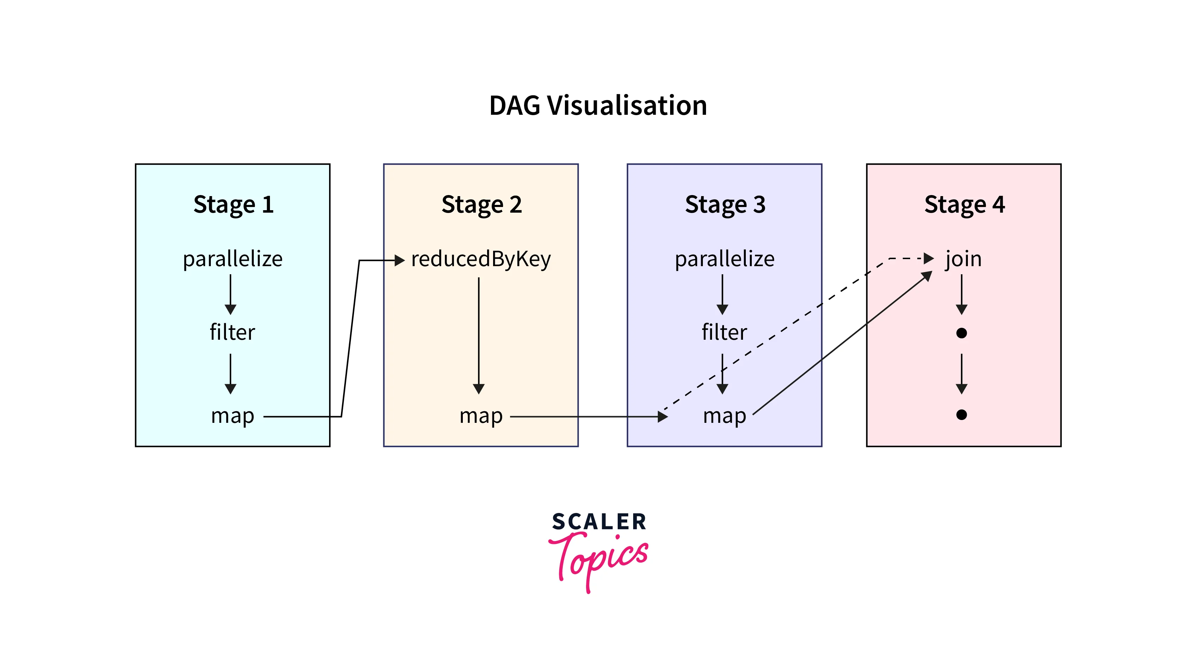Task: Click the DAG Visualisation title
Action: (x=598, y=106)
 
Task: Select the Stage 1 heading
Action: (x=233, y=205)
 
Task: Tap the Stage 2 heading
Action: (x=481, y=205)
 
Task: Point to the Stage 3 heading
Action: (x=725, y=205)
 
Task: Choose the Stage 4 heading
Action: (x=964, y=205)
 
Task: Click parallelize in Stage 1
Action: (x=232, y=259)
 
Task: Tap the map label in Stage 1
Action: (x=232, y=415)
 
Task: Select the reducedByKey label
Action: (x=481, y=259)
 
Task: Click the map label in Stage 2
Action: (x=481, y=415)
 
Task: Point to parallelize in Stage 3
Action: (x=724, y=259)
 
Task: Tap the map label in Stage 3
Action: (x=724, y=415)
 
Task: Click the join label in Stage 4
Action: (x=963, y=259)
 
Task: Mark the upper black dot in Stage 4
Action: (x=962, y=333)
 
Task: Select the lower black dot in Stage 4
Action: (x=962, y=414)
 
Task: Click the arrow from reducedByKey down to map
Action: (x=479, y=334)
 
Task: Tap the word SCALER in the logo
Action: (x=599, y=522)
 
